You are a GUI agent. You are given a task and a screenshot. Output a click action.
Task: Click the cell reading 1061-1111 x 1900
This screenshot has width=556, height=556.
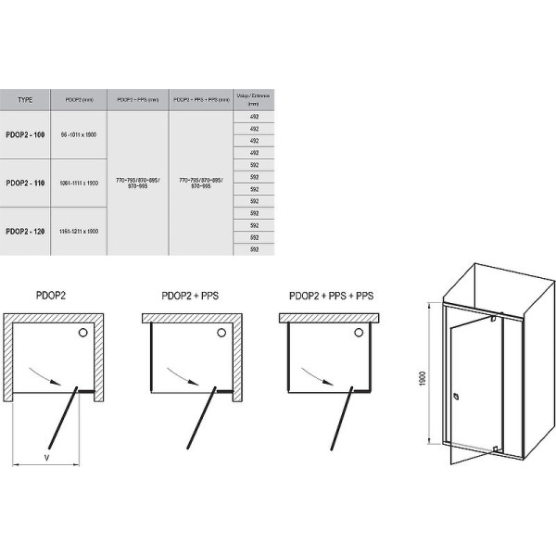[79, 183]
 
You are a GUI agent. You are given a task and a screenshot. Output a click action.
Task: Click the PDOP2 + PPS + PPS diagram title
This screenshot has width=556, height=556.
[332, 297]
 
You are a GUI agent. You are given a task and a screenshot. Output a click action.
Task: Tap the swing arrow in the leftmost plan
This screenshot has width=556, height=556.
[53, 376]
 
